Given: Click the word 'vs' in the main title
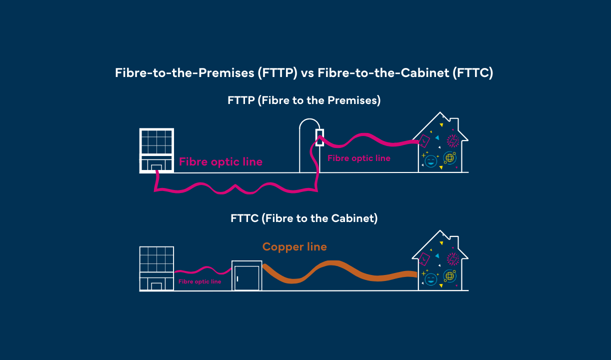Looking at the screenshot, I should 306,73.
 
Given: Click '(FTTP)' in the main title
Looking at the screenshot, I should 277,73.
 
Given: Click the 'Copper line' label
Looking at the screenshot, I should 294,246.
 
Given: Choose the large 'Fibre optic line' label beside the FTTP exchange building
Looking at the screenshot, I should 220,162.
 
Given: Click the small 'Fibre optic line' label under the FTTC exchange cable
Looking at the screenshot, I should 199,282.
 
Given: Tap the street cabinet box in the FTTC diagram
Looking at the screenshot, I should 246,275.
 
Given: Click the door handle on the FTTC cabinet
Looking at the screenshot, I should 238,278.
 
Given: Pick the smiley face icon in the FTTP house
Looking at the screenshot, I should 430,161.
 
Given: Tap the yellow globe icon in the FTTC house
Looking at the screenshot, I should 449,276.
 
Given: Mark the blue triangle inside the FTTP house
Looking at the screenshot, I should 437,137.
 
